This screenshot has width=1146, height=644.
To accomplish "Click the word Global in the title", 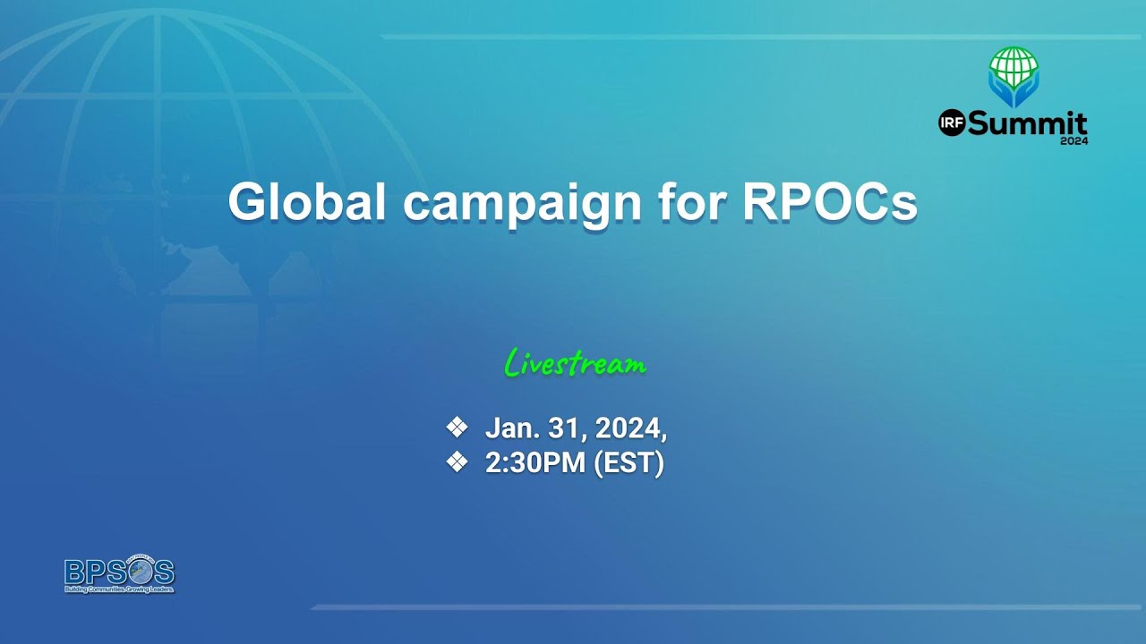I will point(307,202).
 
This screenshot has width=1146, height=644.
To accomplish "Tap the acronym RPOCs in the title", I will point(830,202).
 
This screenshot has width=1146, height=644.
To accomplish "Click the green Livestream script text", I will point(575,364).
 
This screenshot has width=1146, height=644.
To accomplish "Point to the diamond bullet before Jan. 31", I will point(457,428).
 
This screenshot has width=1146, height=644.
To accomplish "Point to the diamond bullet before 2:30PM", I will point(457,462).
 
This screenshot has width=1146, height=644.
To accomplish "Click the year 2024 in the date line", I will point(630,429).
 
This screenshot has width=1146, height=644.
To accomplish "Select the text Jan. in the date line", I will point(509,429).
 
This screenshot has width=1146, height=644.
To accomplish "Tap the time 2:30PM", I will point(535,463).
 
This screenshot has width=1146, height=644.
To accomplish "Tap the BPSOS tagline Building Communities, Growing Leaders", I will point(118,590).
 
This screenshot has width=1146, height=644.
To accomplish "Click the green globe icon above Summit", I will point(1013,64).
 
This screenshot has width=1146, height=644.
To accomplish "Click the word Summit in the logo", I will point(1026,124).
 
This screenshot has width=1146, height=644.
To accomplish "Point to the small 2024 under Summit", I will point(1073,140).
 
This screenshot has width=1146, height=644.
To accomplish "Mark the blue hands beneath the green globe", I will point(1013,93).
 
